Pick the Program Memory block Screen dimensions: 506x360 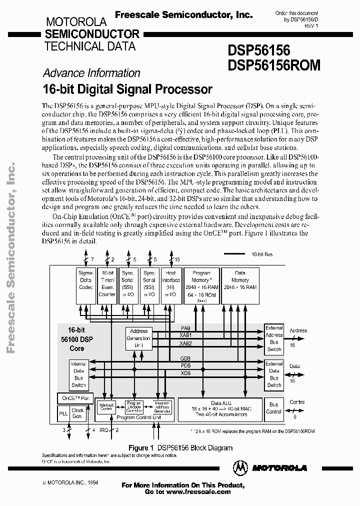tap(201, 285)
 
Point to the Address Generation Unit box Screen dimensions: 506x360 tap(138, 338)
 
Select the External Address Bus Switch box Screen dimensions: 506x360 tap(274, 338)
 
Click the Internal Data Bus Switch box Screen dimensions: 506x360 tap(78, 374)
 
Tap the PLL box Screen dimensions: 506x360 tap(63, 413)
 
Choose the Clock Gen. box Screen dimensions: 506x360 tap(78, 413)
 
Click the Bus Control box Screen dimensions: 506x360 tap(274, 408)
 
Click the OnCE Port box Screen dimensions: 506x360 tap(74, 397)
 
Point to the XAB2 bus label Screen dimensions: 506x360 tap(185, 343)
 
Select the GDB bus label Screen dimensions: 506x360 tap(185, 359)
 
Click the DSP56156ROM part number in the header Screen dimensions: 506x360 tap(274, 65)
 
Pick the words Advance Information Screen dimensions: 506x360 tap(91, 73)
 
